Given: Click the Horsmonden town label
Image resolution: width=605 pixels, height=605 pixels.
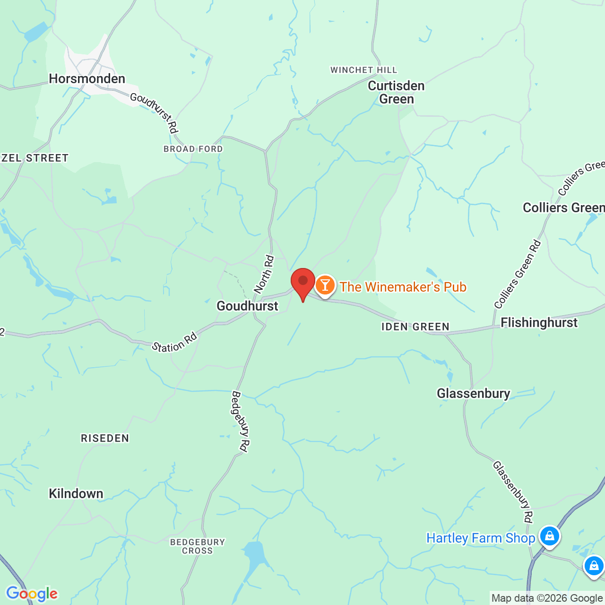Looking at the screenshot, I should click(87, 78).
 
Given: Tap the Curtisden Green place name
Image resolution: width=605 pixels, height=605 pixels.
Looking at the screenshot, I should click(396, 92).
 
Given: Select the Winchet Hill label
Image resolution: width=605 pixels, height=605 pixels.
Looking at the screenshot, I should click(363, 70).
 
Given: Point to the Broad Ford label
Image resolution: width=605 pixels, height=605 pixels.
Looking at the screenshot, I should click(193, 149).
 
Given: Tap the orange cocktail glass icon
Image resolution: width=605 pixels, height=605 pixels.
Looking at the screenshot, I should click(325, 285).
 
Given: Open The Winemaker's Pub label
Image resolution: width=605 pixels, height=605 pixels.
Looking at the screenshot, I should click(403, 287).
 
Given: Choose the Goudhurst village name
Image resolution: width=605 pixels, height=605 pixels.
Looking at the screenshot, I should click(247, 306).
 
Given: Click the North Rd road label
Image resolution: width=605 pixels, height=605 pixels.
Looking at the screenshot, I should click(264, 274).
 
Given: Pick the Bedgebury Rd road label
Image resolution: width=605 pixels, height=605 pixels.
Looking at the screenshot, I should click(240, 422).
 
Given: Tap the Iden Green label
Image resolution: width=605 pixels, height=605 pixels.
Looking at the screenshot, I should click(415, 327).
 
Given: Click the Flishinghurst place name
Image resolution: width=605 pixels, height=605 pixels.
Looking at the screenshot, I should click(539, 322).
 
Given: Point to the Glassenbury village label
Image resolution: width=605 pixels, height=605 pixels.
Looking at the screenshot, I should click(473, 393).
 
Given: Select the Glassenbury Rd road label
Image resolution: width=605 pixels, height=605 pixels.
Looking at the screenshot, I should click(513, 492).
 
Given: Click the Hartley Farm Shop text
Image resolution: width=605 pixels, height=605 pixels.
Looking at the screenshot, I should click(480, 538).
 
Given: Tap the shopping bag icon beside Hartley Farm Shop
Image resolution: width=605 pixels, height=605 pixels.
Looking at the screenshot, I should click(549, 536).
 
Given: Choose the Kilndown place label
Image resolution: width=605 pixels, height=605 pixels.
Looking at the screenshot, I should click(76, 493).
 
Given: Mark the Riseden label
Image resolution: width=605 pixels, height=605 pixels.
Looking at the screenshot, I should click(105, 438).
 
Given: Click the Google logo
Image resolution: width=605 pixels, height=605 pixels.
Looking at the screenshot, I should click(32, 594).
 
